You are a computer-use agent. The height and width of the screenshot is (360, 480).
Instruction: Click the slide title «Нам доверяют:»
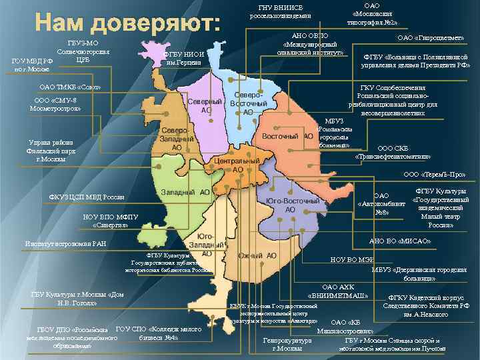point(127,25)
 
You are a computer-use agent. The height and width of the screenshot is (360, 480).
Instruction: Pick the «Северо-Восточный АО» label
point(248,103)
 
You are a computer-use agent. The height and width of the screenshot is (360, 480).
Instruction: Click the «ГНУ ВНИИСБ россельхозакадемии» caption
point(280,11)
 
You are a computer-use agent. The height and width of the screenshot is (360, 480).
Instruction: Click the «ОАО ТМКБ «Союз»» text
point(71,87)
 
